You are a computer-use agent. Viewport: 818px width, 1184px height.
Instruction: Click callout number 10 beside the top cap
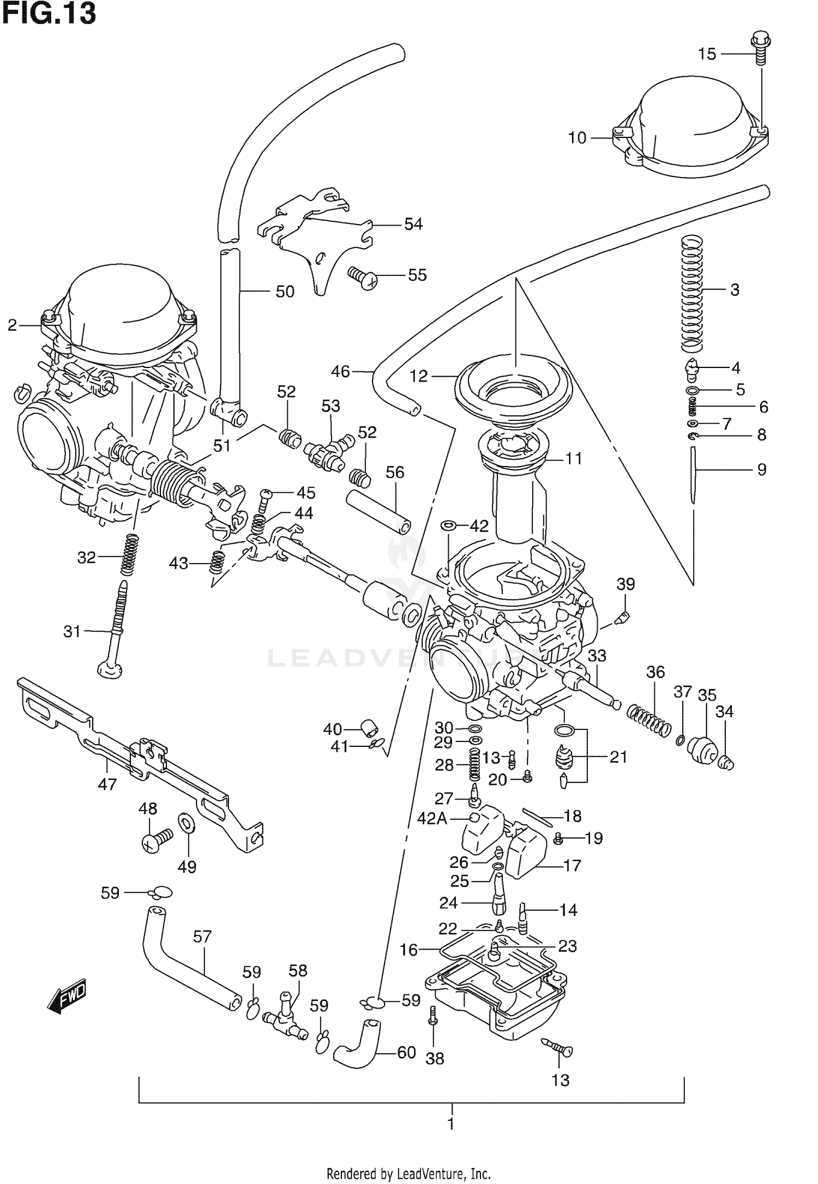click(577, 138)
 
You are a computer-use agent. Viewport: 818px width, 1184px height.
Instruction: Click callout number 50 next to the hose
click(285, 292)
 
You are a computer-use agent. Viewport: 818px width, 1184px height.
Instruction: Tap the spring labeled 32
click(129, 554)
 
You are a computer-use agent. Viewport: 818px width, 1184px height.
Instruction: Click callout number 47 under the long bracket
click(107, 784)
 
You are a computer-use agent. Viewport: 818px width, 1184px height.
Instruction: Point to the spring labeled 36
click(648, 721)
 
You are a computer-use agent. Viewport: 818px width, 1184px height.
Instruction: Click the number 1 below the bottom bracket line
click(451, 1123)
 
